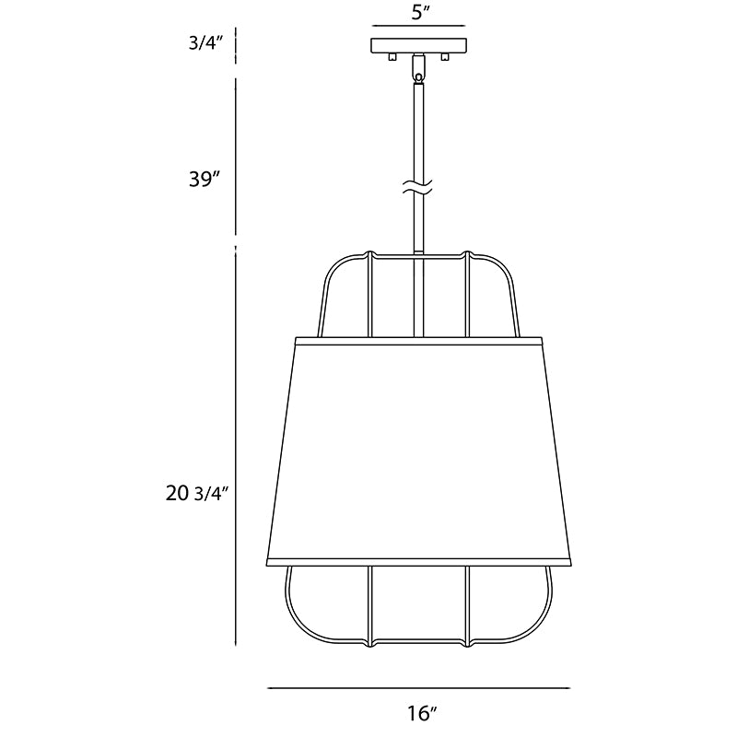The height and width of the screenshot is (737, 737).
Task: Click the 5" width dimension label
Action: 421,13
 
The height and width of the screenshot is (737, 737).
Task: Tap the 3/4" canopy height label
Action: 205,43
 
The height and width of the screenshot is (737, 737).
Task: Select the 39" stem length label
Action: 205,179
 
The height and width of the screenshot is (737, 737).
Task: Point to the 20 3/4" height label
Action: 197,493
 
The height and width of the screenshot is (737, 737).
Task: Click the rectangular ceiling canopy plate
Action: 419,45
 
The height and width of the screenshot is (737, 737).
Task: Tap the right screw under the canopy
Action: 445,57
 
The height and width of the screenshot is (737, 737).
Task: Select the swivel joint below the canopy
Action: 418,68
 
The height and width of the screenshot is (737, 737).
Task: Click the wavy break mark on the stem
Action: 417,187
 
